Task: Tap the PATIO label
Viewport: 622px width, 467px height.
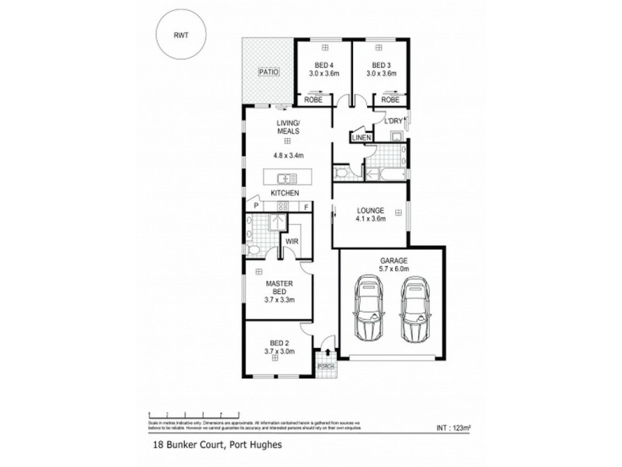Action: click(268, 72)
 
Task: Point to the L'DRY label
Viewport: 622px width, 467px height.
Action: click(386, 120)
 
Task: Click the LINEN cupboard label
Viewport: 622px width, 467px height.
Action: click(362, 138)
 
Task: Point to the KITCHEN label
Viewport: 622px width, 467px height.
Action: click(285, 192)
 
